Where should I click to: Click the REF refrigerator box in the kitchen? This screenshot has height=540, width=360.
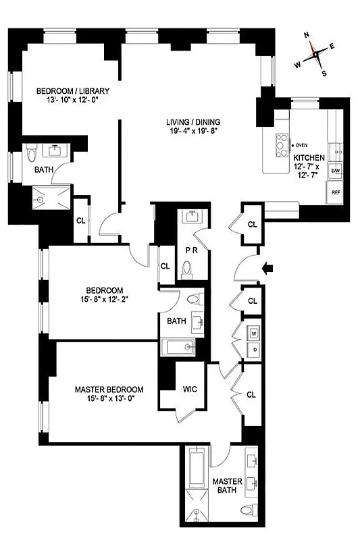(336, 192)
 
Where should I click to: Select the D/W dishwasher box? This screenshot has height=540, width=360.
(336, 171)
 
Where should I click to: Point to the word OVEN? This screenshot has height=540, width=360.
(301, 144)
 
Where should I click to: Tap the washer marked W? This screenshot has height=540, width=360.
(254, 333)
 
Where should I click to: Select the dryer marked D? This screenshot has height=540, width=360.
(254, 349)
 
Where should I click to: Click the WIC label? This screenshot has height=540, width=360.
(190, 389)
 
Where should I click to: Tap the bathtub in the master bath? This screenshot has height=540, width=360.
(195, 473)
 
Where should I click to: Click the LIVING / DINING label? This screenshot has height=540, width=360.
(194, 122)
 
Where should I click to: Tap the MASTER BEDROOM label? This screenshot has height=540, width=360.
(109, 389)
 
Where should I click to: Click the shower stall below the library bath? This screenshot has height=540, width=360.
(52, 197)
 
